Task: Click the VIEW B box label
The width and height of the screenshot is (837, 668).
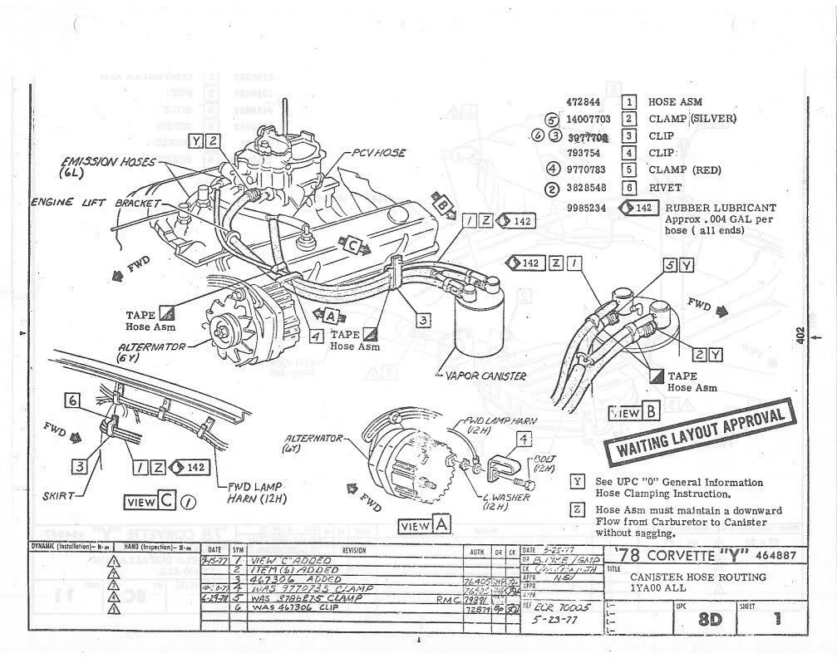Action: click(636, 412)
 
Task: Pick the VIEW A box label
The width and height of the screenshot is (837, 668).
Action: click(426, 525)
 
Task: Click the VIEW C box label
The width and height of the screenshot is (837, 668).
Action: click(150, 501)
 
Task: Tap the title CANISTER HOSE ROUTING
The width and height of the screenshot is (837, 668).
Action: click(697, 577)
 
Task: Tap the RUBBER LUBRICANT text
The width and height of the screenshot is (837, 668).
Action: click(721, 208)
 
